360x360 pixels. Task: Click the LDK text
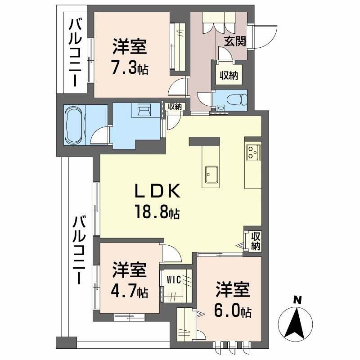157,193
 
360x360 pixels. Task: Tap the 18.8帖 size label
157,211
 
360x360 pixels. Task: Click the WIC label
174,279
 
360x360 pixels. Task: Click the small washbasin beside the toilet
220,108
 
